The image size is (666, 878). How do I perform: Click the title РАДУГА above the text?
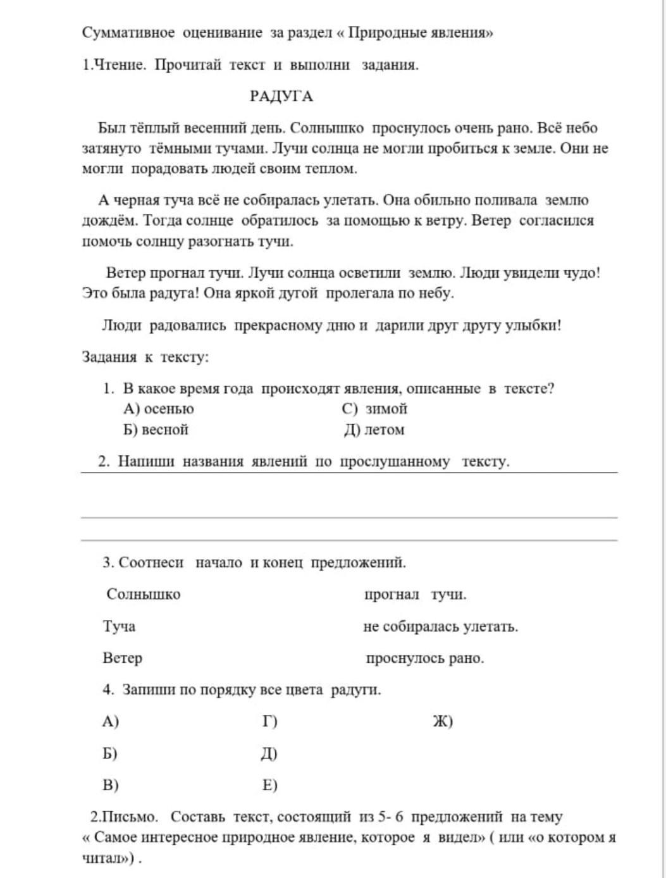(281, 96)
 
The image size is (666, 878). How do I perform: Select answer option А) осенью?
(159, 409)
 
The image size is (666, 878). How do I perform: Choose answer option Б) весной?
(156, 430)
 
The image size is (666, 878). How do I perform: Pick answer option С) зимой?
(374, 409)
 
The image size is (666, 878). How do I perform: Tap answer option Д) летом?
(374, 430)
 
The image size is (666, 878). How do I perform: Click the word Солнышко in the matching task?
(144, 594)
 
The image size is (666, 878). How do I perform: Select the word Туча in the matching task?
(119, 626)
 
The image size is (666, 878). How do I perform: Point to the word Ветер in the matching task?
(123, 658)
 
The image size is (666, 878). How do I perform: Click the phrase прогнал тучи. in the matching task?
(416, 594)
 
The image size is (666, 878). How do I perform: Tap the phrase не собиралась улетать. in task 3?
(441, 626)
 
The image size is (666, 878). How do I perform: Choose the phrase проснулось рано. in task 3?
(425, 658)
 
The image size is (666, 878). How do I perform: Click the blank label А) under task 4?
(111, 721)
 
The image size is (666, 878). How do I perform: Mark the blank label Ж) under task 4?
(443, 721)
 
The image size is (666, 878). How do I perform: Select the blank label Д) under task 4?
(269, 753)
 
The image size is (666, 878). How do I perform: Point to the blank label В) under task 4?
(111, 785)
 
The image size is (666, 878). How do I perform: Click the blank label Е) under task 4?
(269, 785)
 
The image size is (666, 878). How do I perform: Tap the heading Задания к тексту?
(145, 357)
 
